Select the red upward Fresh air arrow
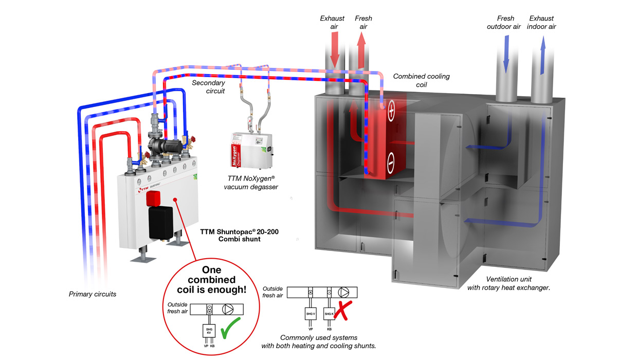click(x=361, y=49)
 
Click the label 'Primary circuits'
click(x=93, y=295)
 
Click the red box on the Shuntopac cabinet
click(x=155, y=198)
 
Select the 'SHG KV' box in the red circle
click(x=209, y=331)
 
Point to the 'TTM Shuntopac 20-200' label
click(x=234, y=232)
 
